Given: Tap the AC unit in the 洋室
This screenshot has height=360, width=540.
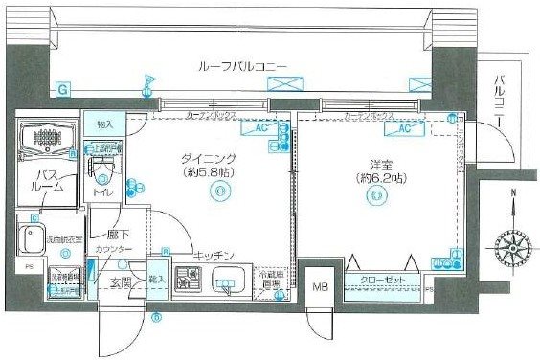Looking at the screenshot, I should coord(403,127).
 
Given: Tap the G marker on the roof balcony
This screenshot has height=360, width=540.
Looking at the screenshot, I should coord(62,90).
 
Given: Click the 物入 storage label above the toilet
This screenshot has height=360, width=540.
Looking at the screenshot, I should coord(105,124).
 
